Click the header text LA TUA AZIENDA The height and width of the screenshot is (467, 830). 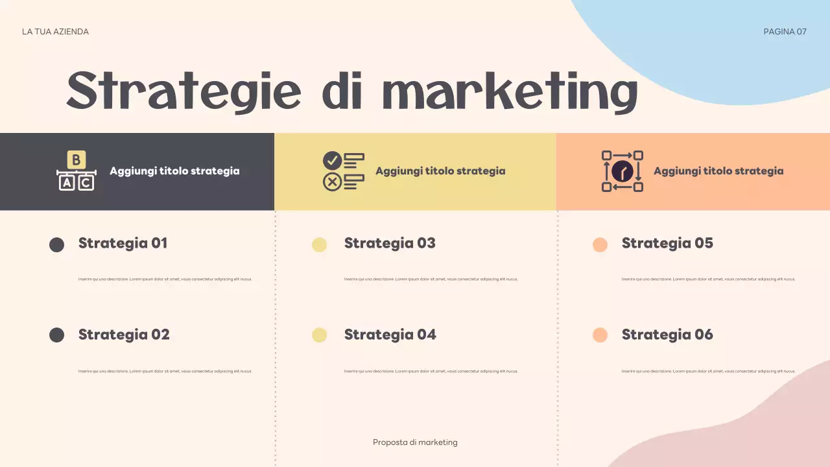55,32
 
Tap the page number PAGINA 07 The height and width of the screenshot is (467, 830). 785,32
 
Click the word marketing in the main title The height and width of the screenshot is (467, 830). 512,92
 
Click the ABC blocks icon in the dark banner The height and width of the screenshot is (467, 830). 77,171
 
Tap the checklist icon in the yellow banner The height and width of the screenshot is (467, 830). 343,171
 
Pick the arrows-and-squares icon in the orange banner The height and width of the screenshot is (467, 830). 622,171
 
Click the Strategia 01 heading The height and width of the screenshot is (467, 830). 123,243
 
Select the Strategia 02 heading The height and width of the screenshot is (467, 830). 124,335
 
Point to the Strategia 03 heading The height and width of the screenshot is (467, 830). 390,243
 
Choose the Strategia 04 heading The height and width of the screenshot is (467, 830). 390,335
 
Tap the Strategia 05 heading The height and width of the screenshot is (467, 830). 667,243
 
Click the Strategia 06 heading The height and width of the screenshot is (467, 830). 667,335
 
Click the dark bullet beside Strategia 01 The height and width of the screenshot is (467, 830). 57,245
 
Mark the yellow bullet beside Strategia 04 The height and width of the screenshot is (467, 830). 319,335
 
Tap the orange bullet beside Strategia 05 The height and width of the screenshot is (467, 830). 600,245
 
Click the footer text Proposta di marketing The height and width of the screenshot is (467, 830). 415,442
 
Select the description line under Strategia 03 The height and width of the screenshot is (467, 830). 431,280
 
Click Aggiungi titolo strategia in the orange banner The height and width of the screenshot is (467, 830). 718,171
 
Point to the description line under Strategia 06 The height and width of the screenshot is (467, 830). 708,371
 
